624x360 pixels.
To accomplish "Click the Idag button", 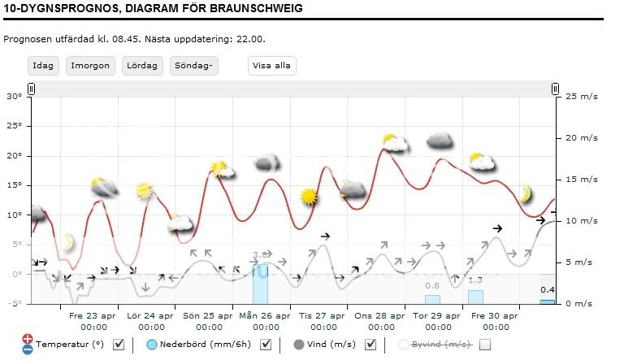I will [x=43, y=66].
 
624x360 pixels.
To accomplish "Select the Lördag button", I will [x=142, y=66].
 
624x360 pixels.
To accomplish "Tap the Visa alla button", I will [x=271, y=66].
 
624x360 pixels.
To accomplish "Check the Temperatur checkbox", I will [x=119, y=345].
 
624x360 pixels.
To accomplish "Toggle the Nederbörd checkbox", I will [x=266, y=345].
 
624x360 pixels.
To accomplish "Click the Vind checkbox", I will [x=370, y=345].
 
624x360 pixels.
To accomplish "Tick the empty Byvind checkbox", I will [x=486, y=345].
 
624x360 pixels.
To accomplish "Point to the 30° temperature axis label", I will [x=14, y=96].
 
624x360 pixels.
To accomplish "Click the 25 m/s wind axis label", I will [x=580, y=96].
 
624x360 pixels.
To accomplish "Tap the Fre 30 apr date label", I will [x=494, y=316].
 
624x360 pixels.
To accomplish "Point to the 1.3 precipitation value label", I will [x=475, y=280].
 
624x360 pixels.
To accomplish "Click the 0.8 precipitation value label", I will [x=432, y=285].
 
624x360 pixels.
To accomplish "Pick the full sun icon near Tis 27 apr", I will [x=308, y=196].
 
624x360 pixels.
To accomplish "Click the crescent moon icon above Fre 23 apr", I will [x=67, y=242].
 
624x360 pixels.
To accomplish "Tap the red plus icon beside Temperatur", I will [x=28, y=338].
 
